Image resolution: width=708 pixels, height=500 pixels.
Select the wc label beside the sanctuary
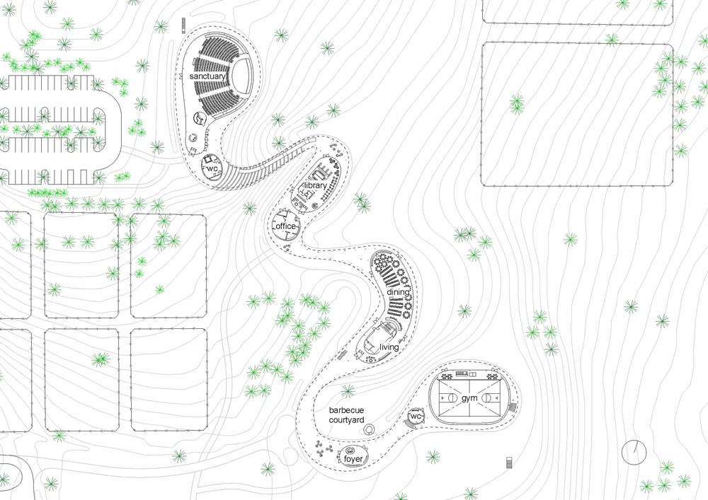click(x=212, y=169)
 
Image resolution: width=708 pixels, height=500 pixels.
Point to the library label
click(x=315, y=185)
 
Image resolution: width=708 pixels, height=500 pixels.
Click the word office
click(x=286, y=226)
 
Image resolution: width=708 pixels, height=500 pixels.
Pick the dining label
click(x=398, y=292)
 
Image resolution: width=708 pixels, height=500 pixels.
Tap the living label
click(x=389, y=347)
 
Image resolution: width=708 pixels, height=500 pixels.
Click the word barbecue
click(x=347, y=409)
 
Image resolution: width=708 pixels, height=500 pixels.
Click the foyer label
click(x=353, y=459)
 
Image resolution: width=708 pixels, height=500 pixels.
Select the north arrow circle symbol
click(x=634, y=450)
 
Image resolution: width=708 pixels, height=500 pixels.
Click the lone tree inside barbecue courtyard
click(x=347, y=391)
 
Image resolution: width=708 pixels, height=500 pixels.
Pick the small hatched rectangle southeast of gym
click(x=510, y=463)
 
